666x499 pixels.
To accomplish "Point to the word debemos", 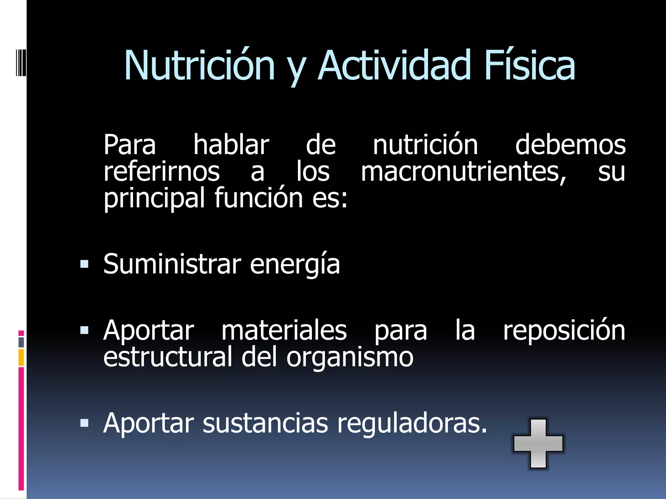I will [570, 145].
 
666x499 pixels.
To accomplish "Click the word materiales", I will [284, 331].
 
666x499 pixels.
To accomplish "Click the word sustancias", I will [265, 423].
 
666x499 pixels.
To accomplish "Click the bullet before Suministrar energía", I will [84, 264].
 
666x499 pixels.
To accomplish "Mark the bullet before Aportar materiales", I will [84, 330].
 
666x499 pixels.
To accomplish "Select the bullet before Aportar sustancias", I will [84, 423].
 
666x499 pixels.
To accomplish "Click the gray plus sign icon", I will [538, 443].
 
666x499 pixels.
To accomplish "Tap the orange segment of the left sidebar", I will [21, 357].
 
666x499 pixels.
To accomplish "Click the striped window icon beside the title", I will [21, 62].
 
